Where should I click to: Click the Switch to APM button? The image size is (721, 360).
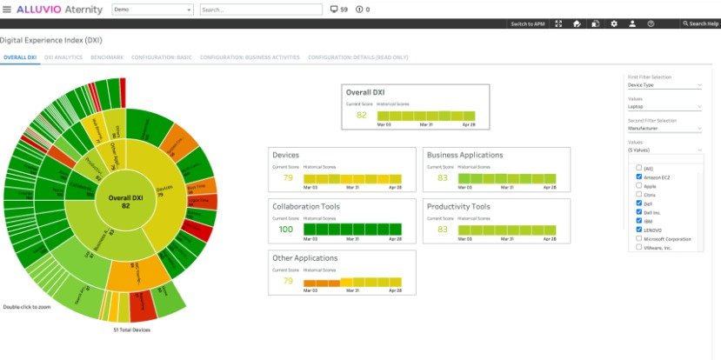pos(527,24)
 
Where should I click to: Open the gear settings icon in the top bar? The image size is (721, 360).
pos(614,24)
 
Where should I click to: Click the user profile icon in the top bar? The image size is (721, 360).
pos(632,24)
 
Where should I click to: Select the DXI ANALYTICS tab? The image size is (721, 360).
pos(63,57)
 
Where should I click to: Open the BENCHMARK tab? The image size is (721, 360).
pos(107,57)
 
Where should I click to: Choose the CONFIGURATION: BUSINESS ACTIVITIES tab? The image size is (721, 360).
pos(250,57)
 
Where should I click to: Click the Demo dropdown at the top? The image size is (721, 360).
pos(153,10)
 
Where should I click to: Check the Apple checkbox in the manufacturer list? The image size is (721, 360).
pos(639,185)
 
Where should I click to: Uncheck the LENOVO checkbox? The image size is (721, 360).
pos(639,230)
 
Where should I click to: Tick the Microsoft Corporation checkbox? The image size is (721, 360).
pos(639,238)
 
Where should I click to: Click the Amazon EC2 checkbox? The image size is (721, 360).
pos(639,177)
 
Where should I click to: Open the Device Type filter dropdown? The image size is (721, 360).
pos(664,85)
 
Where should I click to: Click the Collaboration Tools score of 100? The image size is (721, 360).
pos(286,229)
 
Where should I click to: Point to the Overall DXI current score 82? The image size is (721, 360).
pos(361,115)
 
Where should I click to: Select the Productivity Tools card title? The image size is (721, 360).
pos(458,207)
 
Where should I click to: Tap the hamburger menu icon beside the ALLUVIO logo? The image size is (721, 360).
pos(7,10)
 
